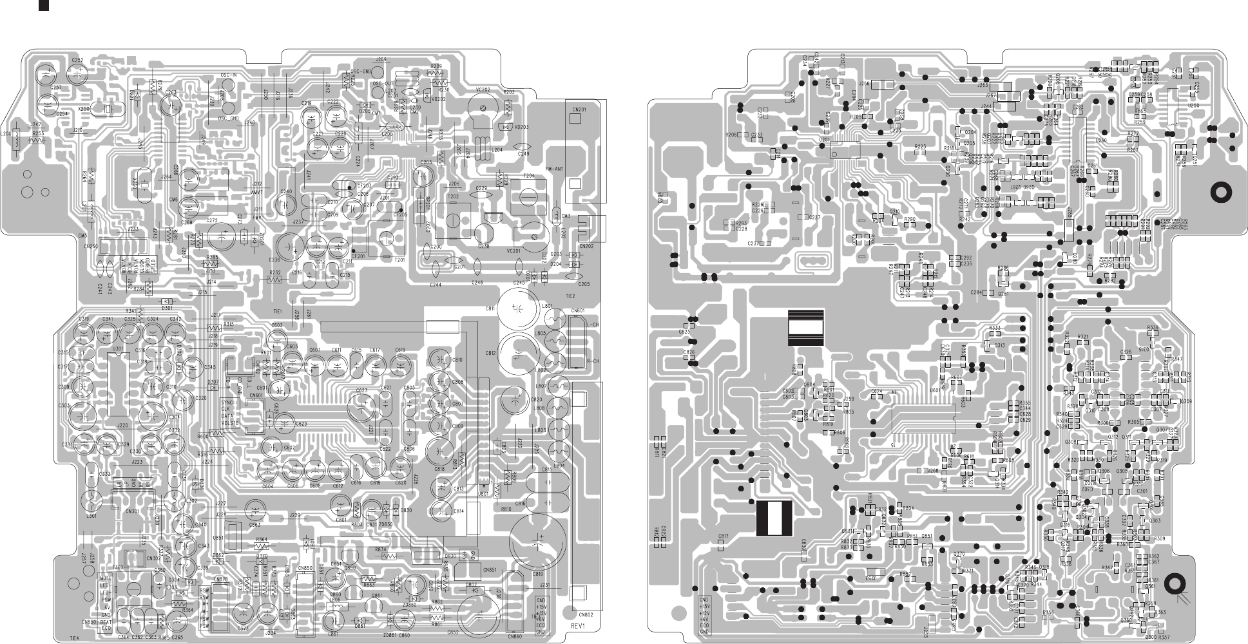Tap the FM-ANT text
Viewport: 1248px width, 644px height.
coord(556,169)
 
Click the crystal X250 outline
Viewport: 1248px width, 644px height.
coord(102,109)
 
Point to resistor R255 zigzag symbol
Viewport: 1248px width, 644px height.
coord(39,140)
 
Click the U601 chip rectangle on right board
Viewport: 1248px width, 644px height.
coord(921,419)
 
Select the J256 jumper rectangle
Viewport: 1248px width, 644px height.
coord(884,84)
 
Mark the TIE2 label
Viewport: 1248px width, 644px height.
coord(570,296)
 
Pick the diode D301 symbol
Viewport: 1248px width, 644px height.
coord(167,301)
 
